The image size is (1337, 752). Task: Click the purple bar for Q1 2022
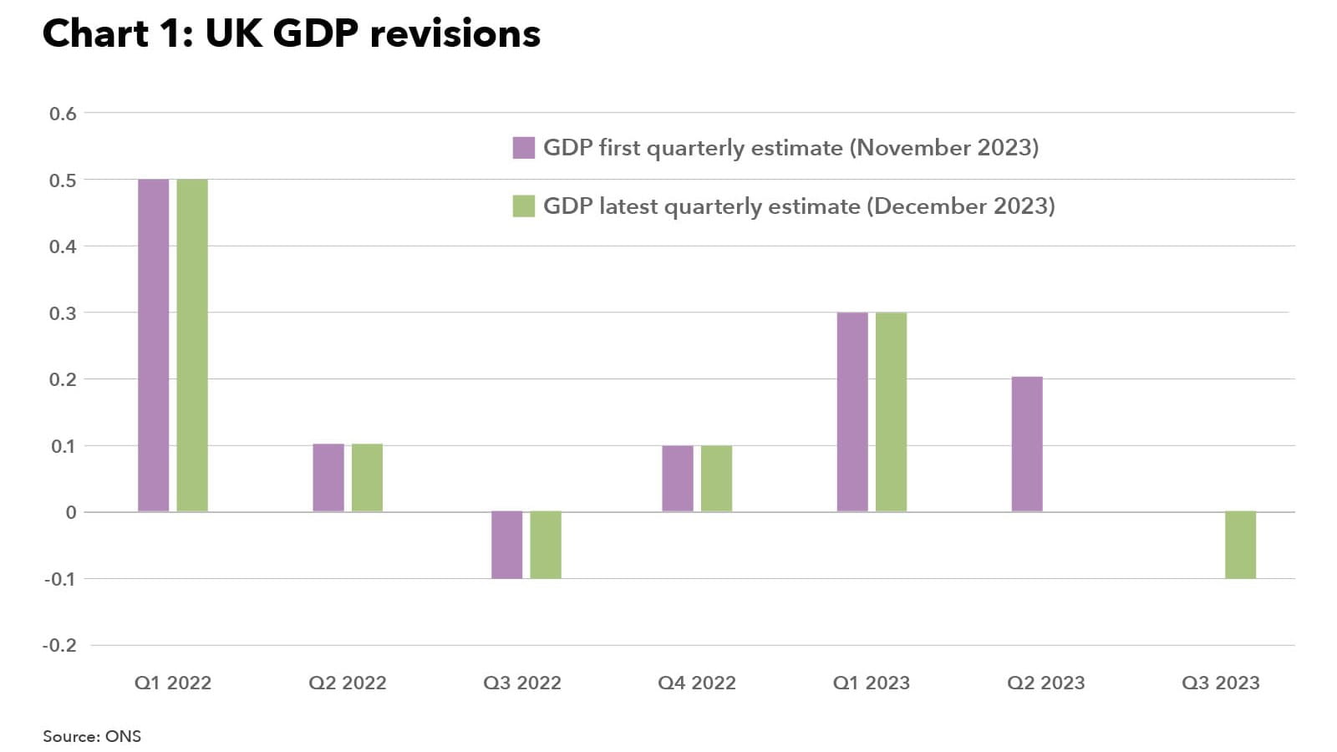click(153, 345)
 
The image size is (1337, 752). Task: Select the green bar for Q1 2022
click(192, 345)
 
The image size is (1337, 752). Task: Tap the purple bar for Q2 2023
click(1027, 445)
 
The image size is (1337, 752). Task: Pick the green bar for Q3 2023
click(1240, 545)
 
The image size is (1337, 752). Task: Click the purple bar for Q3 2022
click(506, 545)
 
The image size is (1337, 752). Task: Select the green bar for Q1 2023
click(891, 412)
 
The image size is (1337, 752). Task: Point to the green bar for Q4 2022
click(716, 479)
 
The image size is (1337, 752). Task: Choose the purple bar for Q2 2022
click(328, 478)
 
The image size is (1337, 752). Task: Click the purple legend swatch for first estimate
click(523, 148)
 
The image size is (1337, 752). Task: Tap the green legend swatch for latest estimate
click(523, 206)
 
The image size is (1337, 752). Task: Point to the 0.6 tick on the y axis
click(63, 114)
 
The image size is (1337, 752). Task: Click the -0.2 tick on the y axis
click(59, 646)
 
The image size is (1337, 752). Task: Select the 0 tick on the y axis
click(71, 513)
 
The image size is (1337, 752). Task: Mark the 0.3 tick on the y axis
click(63, 313)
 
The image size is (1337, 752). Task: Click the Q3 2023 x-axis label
click(1220, 683)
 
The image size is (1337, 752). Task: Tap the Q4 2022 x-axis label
click(697, 683)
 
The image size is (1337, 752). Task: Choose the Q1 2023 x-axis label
click(871, 683)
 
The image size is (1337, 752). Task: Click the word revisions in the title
click(455, 34)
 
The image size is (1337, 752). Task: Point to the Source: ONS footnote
click(92, 737)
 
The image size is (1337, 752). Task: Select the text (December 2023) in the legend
click(960, 206)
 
